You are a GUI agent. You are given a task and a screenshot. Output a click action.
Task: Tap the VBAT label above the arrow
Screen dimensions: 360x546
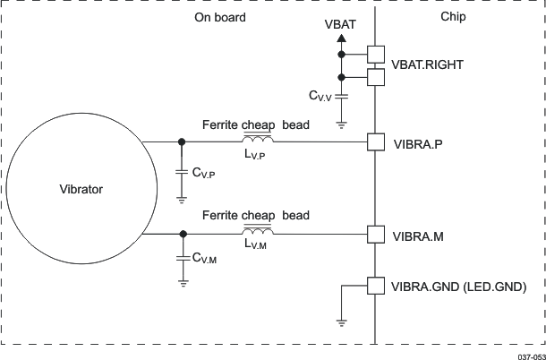[x=340, y=25]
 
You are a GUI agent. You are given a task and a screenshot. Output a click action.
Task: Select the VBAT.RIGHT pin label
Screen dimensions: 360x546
[x=429, y=65]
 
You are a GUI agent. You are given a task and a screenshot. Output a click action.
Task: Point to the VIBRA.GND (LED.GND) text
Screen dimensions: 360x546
[x=456, y=287]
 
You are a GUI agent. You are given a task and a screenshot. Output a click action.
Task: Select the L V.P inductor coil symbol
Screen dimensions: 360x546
[x=258, y=140]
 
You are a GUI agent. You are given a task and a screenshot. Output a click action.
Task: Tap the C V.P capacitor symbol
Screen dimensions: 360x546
[x=183, y=172]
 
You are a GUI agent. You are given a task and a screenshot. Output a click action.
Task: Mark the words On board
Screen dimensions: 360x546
[x=219, y=17]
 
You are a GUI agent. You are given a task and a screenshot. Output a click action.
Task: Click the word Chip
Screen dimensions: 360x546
[x=454, y=17]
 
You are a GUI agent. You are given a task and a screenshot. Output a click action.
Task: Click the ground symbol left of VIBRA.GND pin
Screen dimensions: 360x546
[x=341, y=320]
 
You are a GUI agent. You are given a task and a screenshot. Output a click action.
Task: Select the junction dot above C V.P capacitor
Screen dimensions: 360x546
[x=183, y=142]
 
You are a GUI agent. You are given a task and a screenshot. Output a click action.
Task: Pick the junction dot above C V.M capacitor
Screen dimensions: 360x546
[x=183, y=234]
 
